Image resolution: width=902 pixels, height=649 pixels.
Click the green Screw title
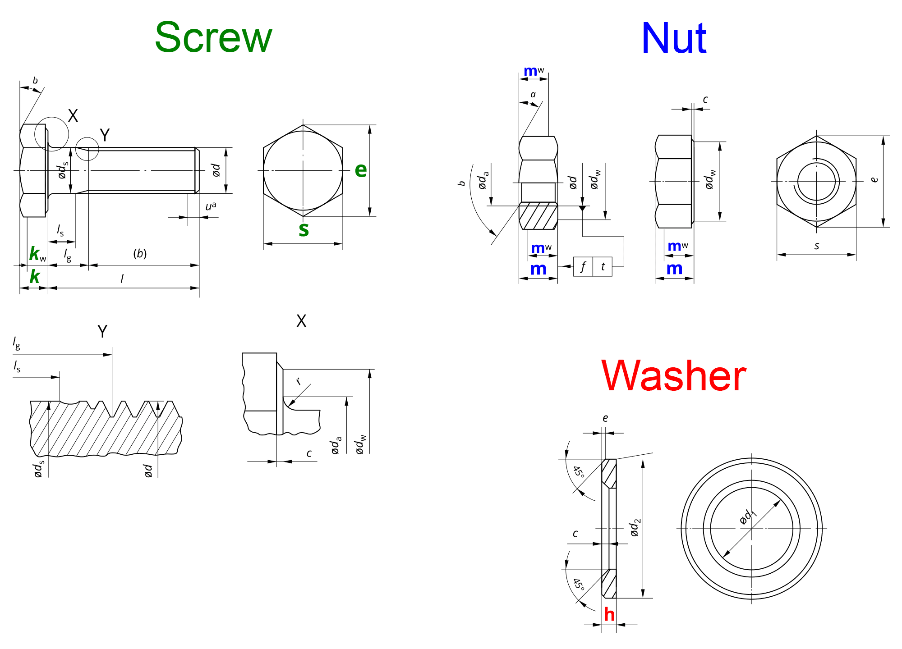point(213,38)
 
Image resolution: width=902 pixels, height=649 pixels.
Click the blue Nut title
point(674,39)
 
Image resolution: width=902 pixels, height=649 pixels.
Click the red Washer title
point(674,376)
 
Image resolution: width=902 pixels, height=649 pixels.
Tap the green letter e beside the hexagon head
point(361,170)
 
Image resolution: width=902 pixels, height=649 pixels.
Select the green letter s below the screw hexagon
point(304,229)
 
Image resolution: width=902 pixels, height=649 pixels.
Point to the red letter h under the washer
point(609,614)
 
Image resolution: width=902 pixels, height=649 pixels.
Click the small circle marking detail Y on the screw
point(87,149)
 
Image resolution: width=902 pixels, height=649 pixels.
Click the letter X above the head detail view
point(301,321)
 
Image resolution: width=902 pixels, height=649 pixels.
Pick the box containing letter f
point(583,267)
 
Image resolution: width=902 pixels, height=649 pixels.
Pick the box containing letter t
point(603,267)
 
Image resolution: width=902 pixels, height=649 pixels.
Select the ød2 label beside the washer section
point(635,528)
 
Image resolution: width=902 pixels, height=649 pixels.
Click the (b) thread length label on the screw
point(140,254)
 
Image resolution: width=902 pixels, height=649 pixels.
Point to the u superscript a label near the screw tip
point(211,206)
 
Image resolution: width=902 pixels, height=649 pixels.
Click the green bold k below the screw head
point(34,277)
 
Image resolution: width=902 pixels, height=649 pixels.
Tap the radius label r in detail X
point(299,381)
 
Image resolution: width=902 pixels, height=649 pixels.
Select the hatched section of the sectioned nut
point(538,216)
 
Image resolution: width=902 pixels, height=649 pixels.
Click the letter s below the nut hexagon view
point(816,246)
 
